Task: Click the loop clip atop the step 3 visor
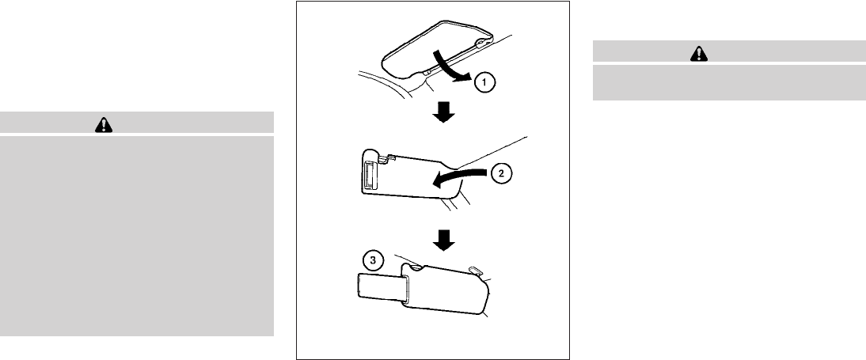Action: (x=473, y=269)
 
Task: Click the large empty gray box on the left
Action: (x=136, y=236)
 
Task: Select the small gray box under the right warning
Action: (x=728, y=81)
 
